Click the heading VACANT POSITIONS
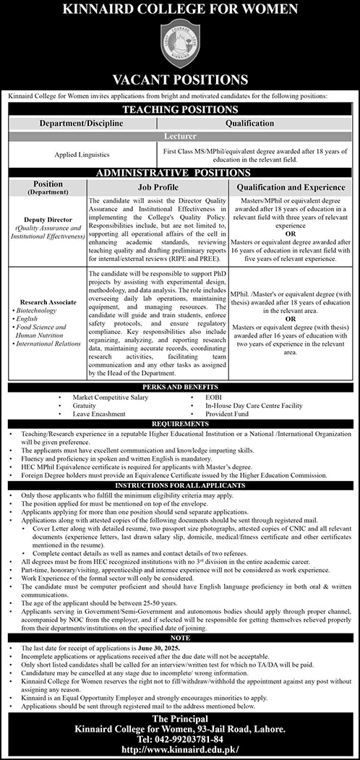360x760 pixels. (x=180, y=80)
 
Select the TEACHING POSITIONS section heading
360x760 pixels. (x=181, y=109)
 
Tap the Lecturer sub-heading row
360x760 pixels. (x=181, y=135)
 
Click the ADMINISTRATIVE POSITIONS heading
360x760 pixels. (x=181, y=174)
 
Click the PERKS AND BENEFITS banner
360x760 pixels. (x=180, y=389)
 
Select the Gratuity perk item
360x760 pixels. (x=85, y=406)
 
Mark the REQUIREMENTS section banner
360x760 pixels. (x=180, y=422)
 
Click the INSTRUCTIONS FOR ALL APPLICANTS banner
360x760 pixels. (x=180, y=484)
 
